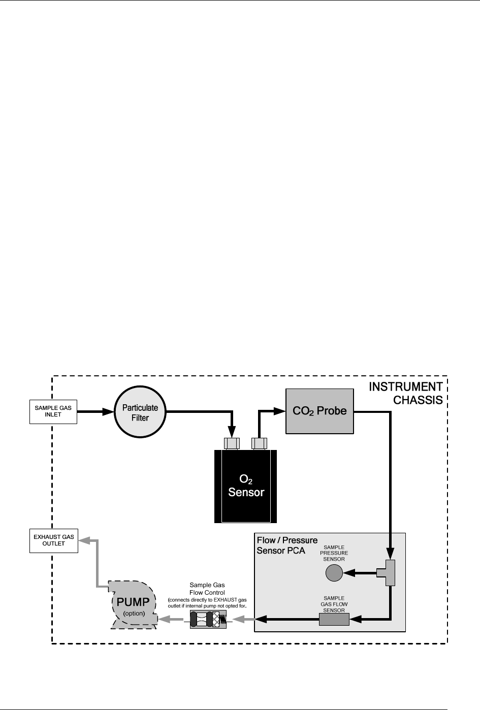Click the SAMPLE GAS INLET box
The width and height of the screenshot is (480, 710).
(x=53, y=411)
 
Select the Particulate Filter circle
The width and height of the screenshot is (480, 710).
(x=140, y=412)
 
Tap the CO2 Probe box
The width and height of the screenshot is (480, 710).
(x=319, y=411)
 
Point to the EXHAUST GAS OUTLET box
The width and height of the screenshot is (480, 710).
(x=53, y=540)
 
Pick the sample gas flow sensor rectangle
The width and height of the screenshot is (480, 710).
(x=334, y=619)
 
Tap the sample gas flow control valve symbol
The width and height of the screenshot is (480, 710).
(x=208, y=619)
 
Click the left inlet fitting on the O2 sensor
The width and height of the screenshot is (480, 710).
(x=232, y=443)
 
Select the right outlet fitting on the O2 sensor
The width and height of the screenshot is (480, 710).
(x=259, y=443)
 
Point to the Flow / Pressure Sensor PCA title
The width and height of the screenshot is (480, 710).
(x=287, y=545)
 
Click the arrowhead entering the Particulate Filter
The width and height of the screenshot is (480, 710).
(x=108, y=411)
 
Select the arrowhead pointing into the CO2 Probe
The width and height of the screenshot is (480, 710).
(x=280, y=411)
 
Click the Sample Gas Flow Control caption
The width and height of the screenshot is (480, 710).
(x=207, y=589)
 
